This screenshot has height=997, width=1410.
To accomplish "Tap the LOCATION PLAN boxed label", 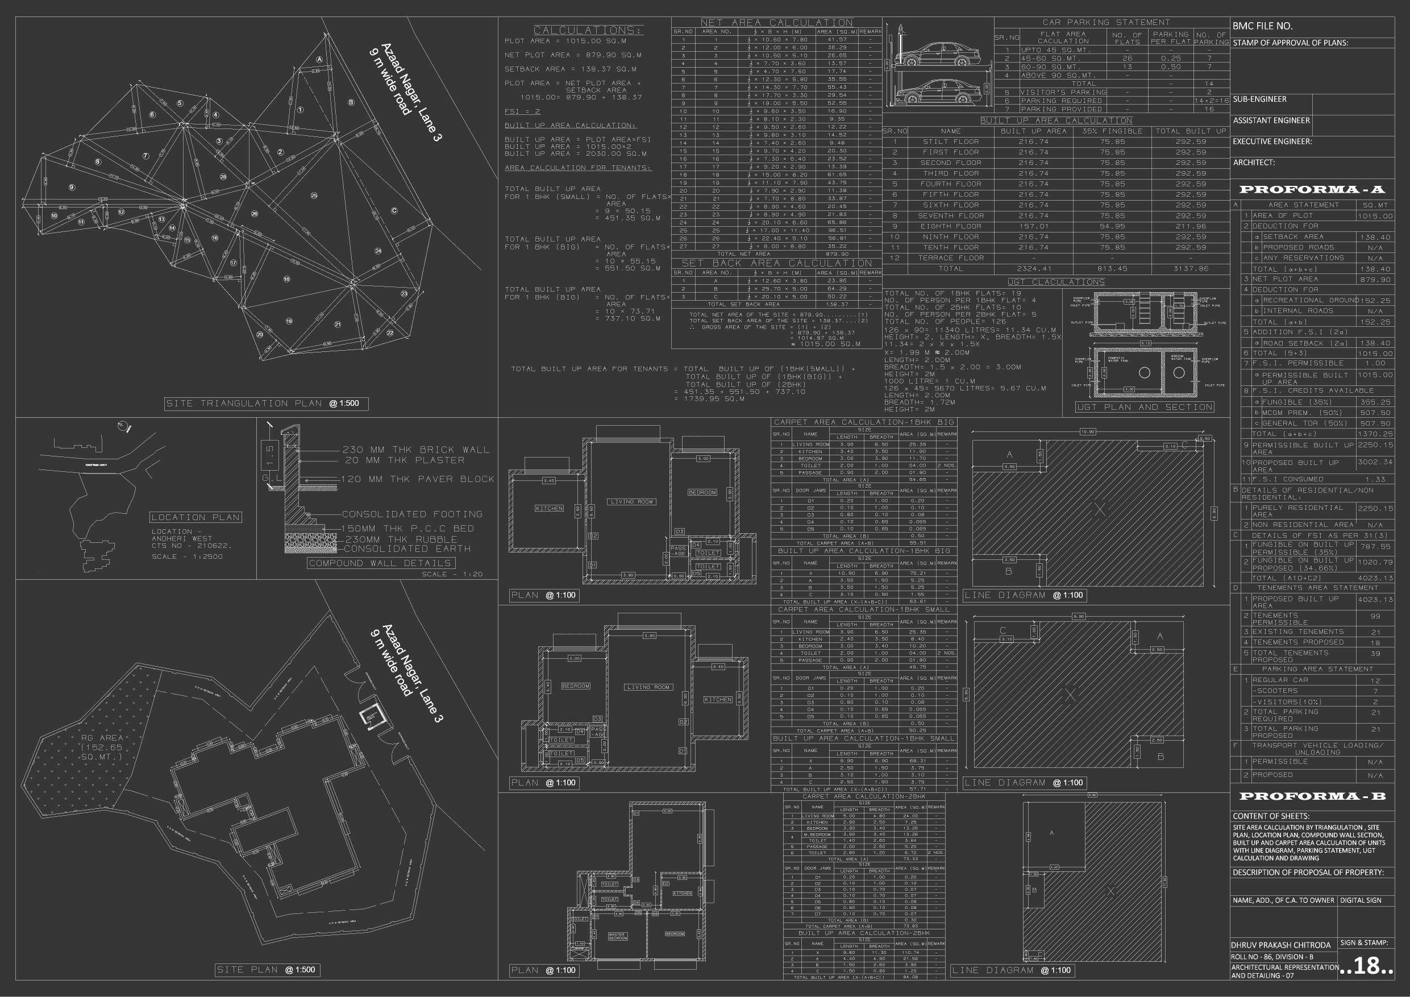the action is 196,517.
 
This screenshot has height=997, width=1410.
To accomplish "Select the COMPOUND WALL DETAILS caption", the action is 380,563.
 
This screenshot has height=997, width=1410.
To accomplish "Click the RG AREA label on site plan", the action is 102,746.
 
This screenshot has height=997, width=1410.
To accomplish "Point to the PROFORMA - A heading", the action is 1312,189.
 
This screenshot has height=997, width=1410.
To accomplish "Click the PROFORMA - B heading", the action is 1312,796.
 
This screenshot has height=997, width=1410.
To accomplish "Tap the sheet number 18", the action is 1366,966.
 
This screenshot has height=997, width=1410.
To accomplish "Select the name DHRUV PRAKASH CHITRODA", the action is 1280,945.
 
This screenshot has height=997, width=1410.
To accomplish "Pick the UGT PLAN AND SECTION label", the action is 1144,408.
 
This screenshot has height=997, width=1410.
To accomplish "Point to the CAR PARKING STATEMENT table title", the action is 1106,22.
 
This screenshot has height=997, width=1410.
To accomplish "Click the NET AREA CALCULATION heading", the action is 776,23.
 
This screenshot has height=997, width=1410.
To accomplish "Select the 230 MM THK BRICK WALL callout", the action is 416,450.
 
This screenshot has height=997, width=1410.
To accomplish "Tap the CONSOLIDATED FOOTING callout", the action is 411,514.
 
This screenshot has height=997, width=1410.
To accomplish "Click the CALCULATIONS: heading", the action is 587,30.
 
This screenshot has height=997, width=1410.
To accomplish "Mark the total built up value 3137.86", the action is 1191,268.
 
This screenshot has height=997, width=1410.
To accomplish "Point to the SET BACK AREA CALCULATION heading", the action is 776,263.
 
